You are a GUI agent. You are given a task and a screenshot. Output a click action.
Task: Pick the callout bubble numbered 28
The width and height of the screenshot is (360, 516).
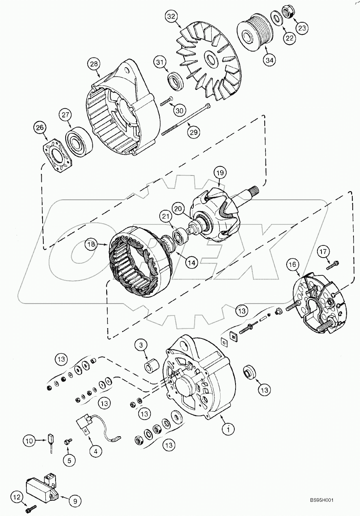[x=94, y=64]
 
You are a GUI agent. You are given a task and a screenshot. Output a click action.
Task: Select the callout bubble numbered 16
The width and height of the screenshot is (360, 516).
[x=293, y=265]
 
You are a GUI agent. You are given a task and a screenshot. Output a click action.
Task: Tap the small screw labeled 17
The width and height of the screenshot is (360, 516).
[x=332, y=265]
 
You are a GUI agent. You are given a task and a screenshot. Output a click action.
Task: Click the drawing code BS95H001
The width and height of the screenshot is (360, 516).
[x=322, y=501]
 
